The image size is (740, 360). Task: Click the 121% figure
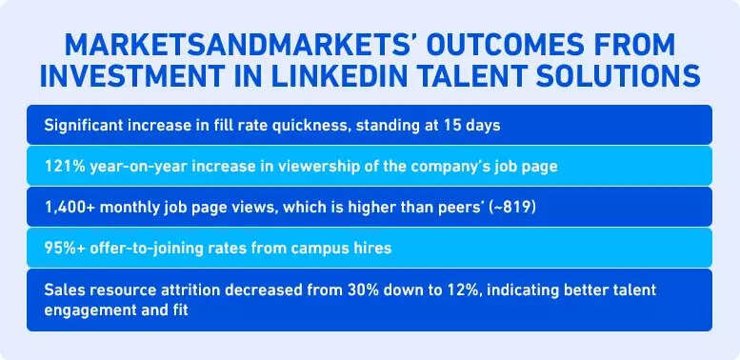[x=64, y=166]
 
